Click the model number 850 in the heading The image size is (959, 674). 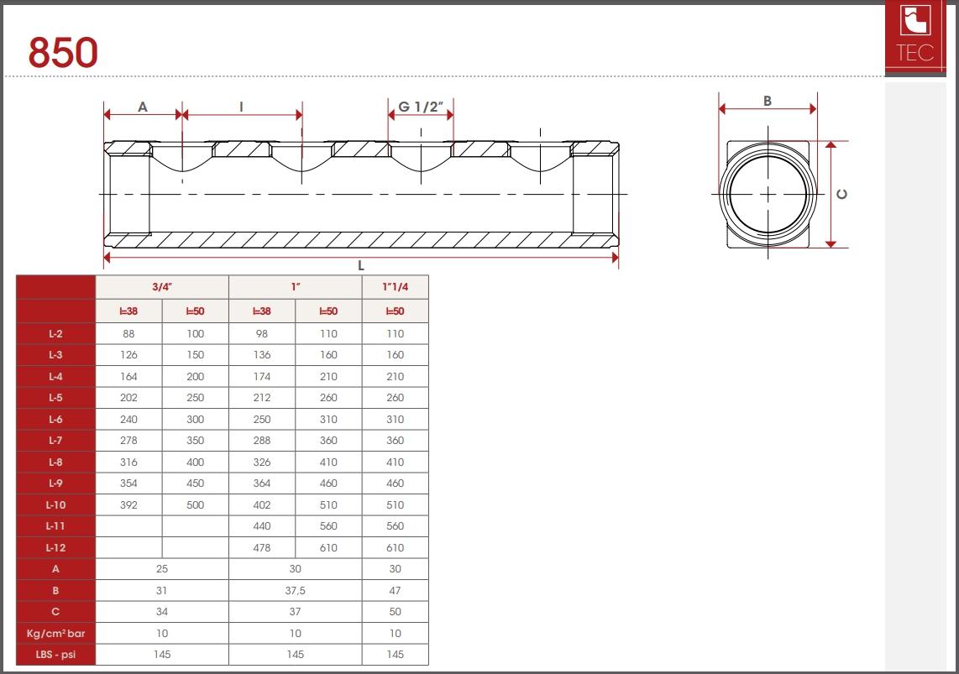(x=63, y=53)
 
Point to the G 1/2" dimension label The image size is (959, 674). (x=420, y=107)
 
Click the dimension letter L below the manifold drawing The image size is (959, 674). (x=360, y=265)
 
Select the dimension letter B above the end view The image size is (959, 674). (x=768, y=101)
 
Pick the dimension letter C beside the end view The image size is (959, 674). (x=842, y=194)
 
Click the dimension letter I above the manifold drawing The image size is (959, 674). (x=242, y=107)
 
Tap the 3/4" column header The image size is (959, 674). (x=162, y=286)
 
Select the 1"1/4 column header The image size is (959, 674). (x=395, y=286)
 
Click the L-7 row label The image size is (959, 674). (x=55, y=440)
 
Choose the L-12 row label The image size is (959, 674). (x=55, y=547)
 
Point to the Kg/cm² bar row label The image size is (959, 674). (x=55, y=633)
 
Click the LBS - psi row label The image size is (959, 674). (x=55, y=654)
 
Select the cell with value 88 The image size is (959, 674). (x=128, y=333)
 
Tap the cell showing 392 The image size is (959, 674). (x=128, y=504)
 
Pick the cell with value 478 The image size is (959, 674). (x=261, y=547)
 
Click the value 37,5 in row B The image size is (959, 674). (x=295, y=590)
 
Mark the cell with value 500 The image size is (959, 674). (x=195, y=504)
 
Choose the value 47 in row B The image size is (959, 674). (x=395, y=590)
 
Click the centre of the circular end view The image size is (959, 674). (x=768, y=194)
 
